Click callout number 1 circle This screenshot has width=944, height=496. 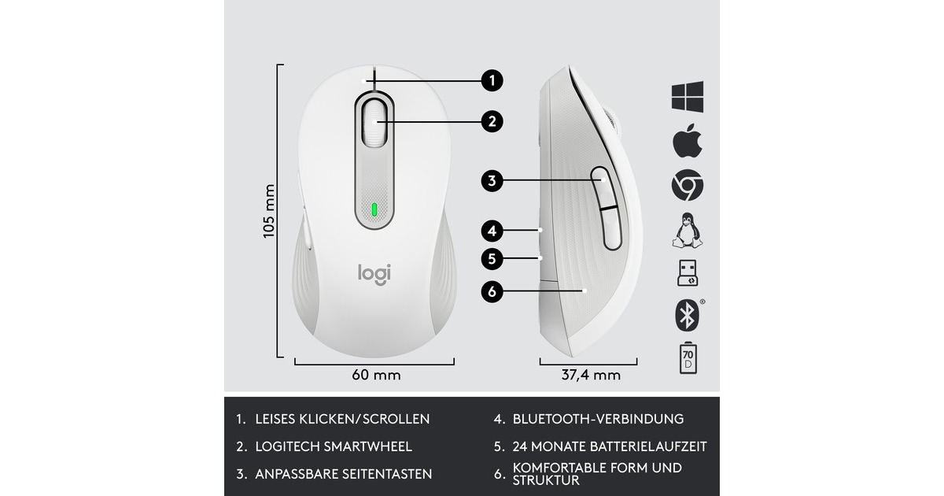(492, 80)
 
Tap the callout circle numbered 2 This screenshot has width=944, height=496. (492, 121)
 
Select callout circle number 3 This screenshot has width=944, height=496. (492, 181)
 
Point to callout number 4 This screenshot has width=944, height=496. (492, 231)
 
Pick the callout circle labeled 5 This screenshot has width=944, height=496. (492, 257)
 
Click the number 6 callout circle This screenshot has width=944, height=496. (492, 291)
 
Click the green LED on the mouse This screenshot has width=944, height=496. (374, 210)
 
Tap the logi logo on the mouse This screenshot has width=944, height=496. (374, 273)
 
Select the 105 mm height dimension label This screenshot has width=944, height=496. (270, 211)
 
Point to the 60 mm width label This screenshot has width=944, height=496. (375, 375)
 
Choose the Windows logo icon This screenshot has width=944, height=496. (687, 97)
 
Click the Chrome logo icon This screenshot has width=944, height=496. (687, 187)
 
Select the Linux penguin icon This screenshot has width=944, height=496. (687, 231)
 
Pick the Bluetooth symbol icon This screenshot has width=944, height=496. (686, 315)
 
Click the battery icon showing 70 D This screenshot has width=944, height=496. (687, 359)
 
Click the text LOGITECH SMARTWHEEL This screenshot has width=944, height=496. (334, 446)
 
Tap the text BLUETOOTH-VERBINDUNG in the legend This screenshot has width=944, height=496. (598, 419)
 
